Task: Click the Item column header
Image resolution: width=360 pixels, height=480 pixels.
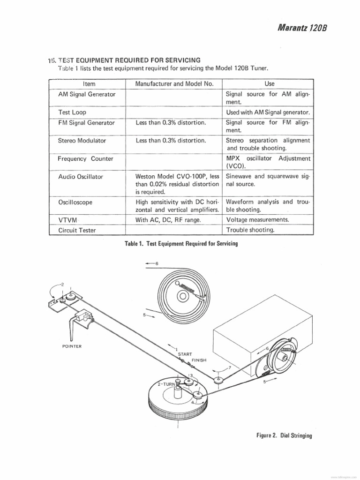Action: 89,84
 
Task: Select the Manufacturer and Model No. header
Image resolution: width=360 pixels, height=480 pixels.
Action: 174,84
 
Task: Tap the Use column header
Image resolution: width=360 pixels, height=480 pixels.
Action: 270,84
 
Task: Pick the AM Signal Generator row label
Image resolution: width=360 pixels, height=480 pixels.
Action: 87,94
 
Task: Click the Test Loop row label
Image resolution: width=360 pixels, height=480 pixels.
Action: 72,112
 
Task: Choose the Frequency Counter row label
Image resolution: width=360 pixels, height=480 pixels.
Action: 85,158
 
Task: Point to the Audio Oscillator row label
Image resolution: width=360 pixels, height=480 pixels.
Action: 81,177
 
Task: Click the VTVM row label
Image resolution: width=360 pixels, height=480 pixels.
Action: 67,220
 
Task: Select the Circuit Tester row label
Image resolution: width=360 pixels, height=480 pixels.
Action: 78,230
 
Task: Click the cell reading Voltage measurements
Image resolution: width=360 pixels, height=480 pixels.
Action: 258,220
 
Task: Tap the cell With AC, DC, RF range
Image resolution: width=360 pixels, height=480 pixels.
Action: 168,220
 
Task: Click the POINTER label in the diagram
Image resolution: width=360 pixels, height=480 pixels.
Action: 72,346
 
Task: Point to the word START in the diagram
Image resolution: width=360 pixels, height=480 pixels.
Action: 185,354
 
